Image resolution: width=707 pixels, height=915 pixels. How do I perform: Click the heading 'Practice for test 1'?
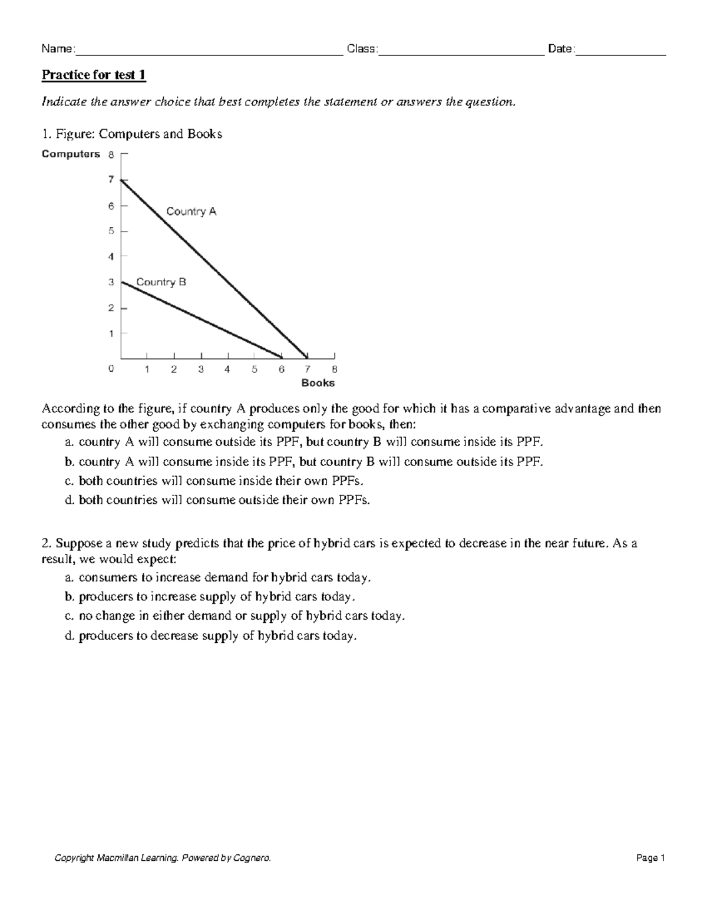pos(93,75)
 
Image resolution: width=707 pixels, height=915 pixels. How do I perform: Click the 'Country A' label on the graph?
pos(191,211)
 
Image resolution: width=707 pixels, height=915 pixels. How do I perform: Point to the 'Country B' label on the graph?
pos(161,282)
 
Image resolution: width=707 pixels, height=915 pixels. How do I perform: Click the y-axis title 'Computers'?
pos(71,154)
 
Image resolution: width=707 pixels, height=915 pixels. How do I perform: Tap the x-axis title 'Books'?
pos(318,383)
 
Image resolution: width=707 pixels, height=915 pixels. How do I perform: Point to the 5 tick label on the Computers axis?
pos(111,231)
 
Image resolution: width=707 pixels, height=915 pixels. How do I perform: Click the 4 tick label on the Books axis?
pos(227,370)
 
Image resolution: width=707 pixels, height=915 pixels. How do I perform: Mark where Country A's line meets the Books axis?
pos(307,358)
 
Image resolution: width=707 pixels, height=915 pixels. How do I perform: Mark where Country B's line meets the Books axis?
pos(281,358)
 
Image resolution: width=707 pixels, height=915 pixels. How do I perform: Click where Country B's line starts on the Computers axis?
pos(121,282)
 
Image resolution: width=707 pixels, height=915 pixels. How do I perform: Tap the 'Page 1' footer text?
pos(650,858)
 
